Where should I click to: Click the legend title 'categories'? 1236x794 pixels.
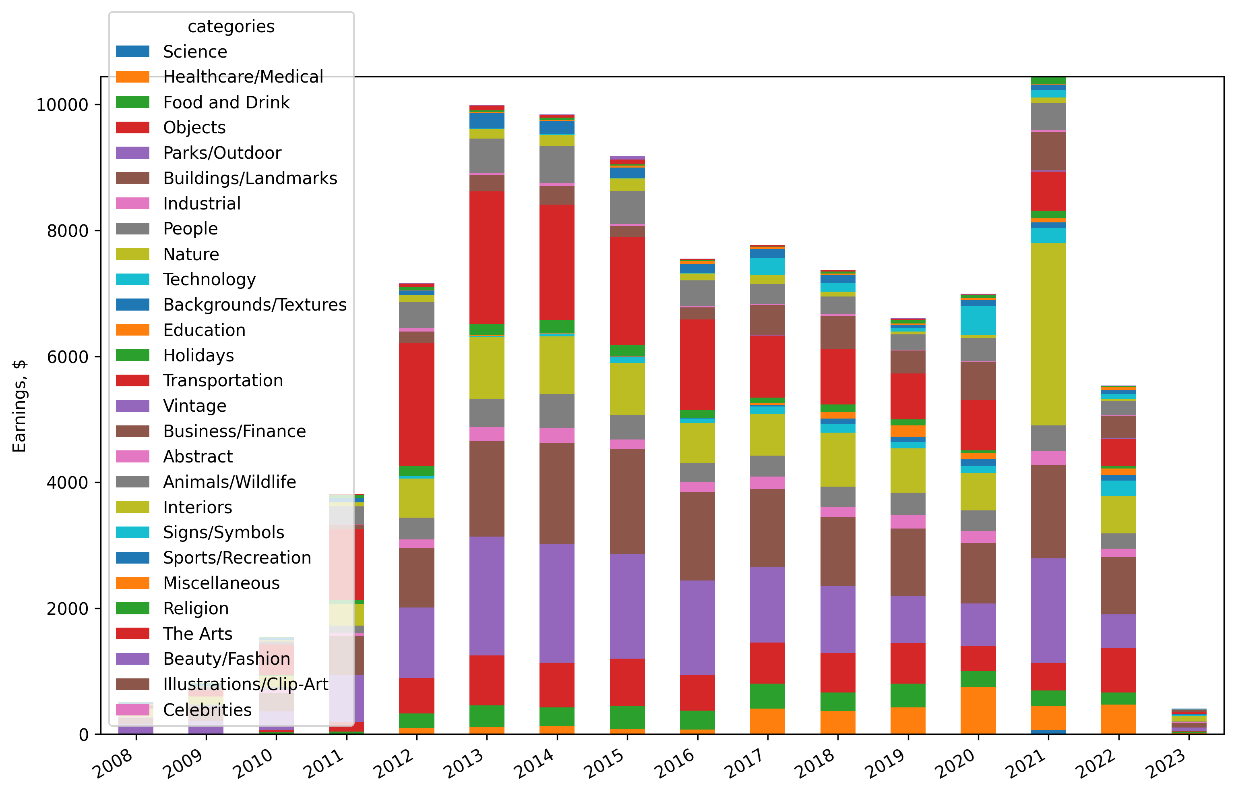pyautogui.click(x=231, y=26)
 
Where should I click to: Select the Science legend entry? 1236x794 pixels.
pyautogui.click(x=195, y=52)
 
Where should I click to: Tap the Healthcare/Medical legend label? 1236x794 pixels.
pyautogui.click(x=243, y=77)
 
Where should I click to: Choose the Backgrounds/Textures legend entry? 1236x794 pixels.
pyautogui.click(x=254, y=305)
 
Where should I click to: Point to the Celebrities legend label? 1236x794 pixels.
pyautogui.click(x=207, y=710)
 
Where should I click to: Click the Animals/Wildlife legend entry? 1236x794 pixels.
pyautogui.click(x=229, y=482)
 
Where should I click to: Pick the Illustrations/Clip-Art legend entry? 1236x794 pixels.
pyautogui.click(x=245, y=684)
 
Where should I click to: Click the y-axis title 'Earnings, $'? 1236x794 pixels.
pyautogui.click(x=19, y=406)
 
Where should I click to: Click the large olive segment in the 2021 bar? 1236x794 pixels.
pyautogui.click(x=1048, y=334)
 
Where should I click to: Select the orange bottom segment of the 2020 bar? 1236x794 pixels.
pyautogui.click(x=978, y=711)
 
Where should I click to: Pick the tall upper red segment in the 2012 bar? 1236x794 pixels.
pyautogui.click(x=416, y=405)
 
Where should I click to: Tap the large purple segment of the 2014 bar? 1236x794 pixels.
pyautogui.click(x=557, y=603)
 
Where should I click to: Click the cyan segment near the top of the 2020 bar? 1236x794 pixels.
pyautogui.click(x=978, y=321)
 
